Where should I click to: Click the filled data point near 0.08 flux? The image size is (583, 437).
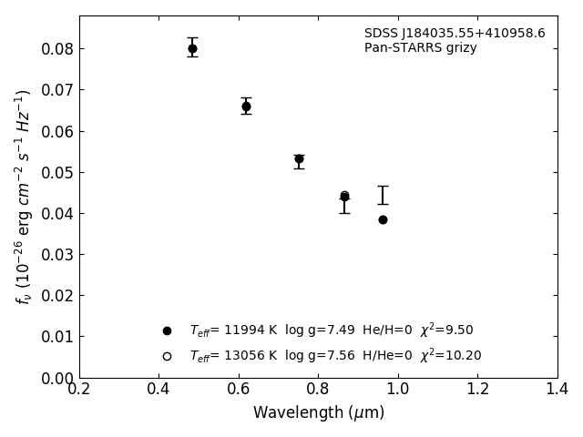point(192,48)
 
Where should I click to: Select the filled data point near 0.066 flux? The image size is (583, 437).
point(246,107)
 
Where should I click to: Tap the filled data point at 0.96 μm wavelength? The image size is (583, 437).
point(383,219)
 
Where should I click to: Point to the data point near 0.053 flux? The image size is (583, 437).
point(299,158)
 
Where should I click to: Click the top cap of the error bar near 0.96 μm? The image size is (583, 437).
point(383,187)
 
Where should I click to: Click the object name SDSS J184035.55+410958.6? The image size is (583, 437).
point(455,34)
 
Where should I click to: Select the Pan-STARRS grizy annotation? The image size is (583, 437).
point(420,48)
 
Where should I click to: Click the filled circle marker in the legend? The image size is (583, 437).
point(167,330)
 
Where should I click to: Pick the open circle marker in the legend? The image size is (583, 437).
point(167,356)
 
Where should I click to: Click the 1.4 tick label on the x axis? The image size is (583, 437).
point(557,390)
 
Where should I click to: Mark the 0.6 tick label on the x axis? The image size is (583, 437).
point(239,390)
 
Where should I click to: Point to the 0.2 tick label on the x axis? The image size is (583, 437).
point(79,390)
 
